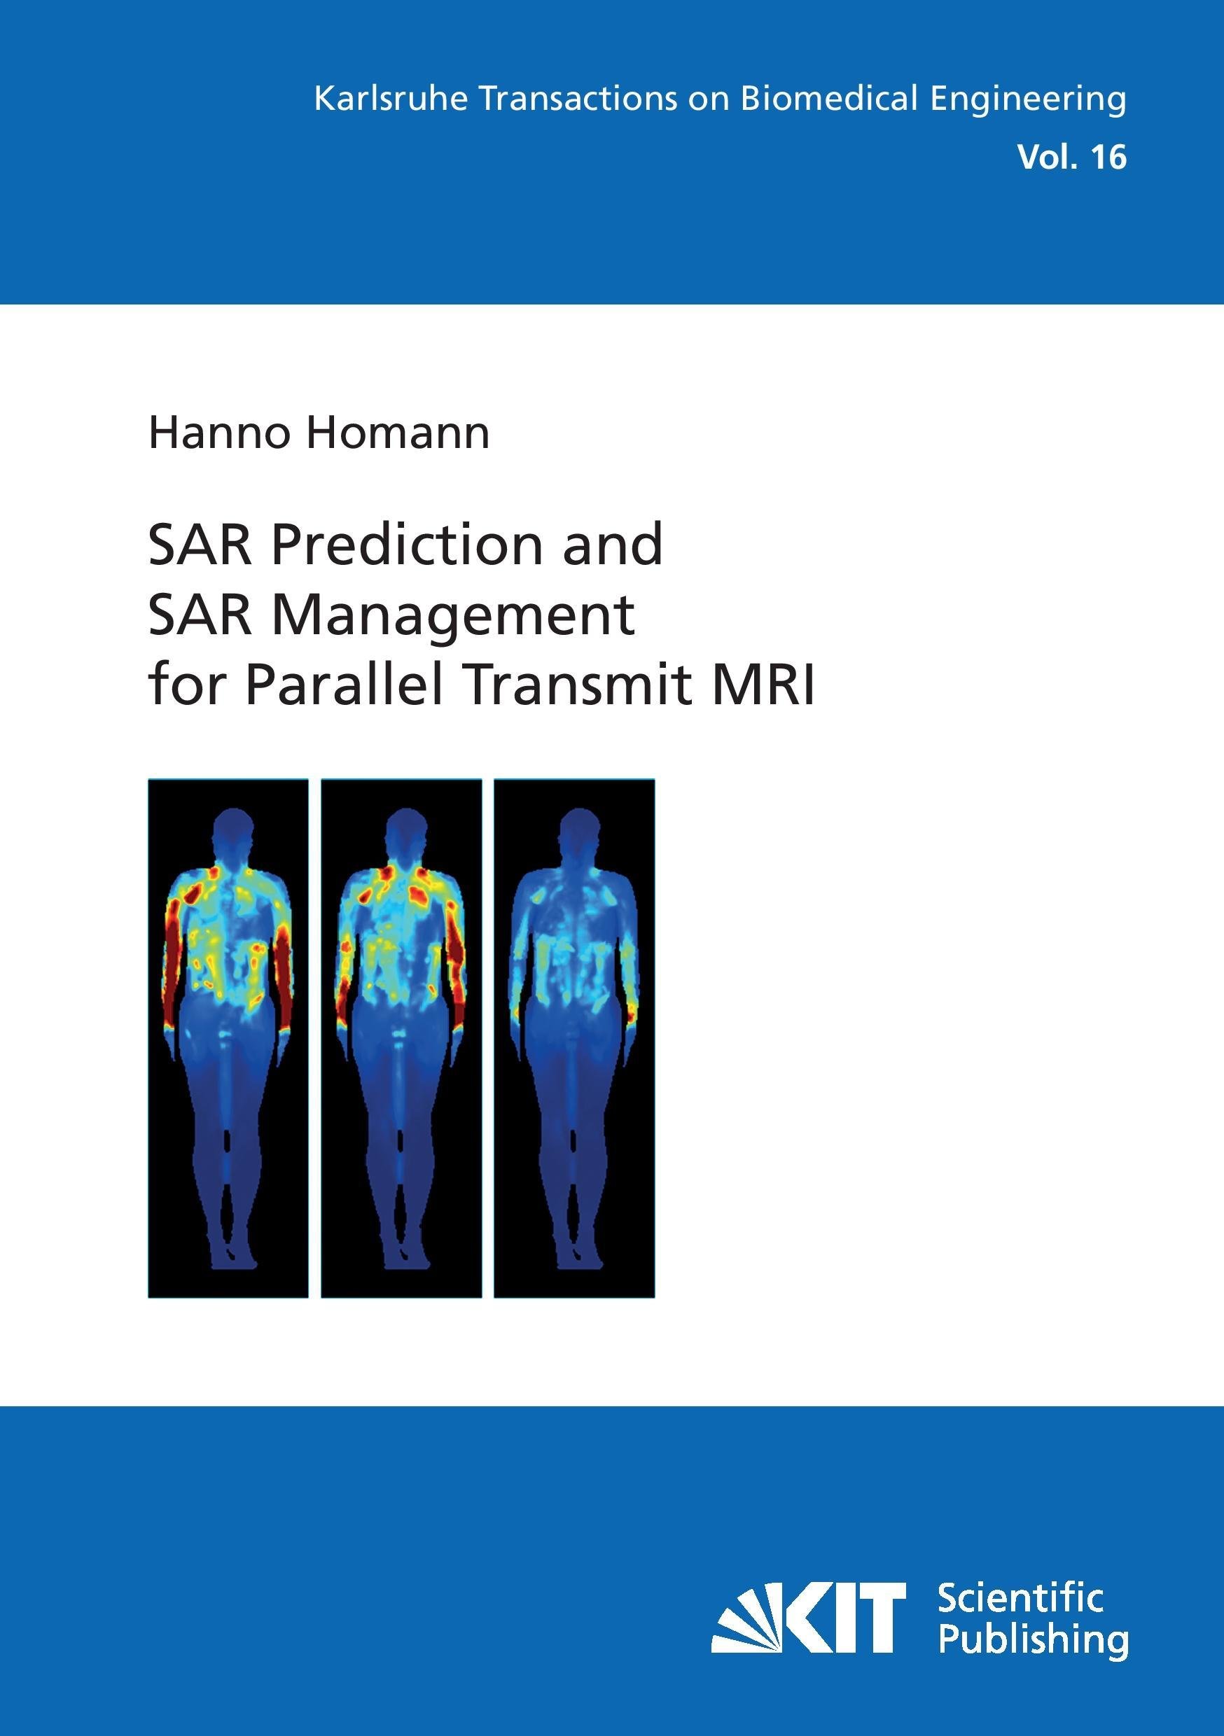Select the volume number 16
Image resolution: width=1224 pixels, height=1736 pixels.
1108,157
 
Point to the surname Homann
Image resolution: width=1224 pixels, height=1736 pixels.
397,433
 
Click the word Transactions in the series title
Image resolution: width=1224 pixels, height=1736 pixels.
578,99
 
